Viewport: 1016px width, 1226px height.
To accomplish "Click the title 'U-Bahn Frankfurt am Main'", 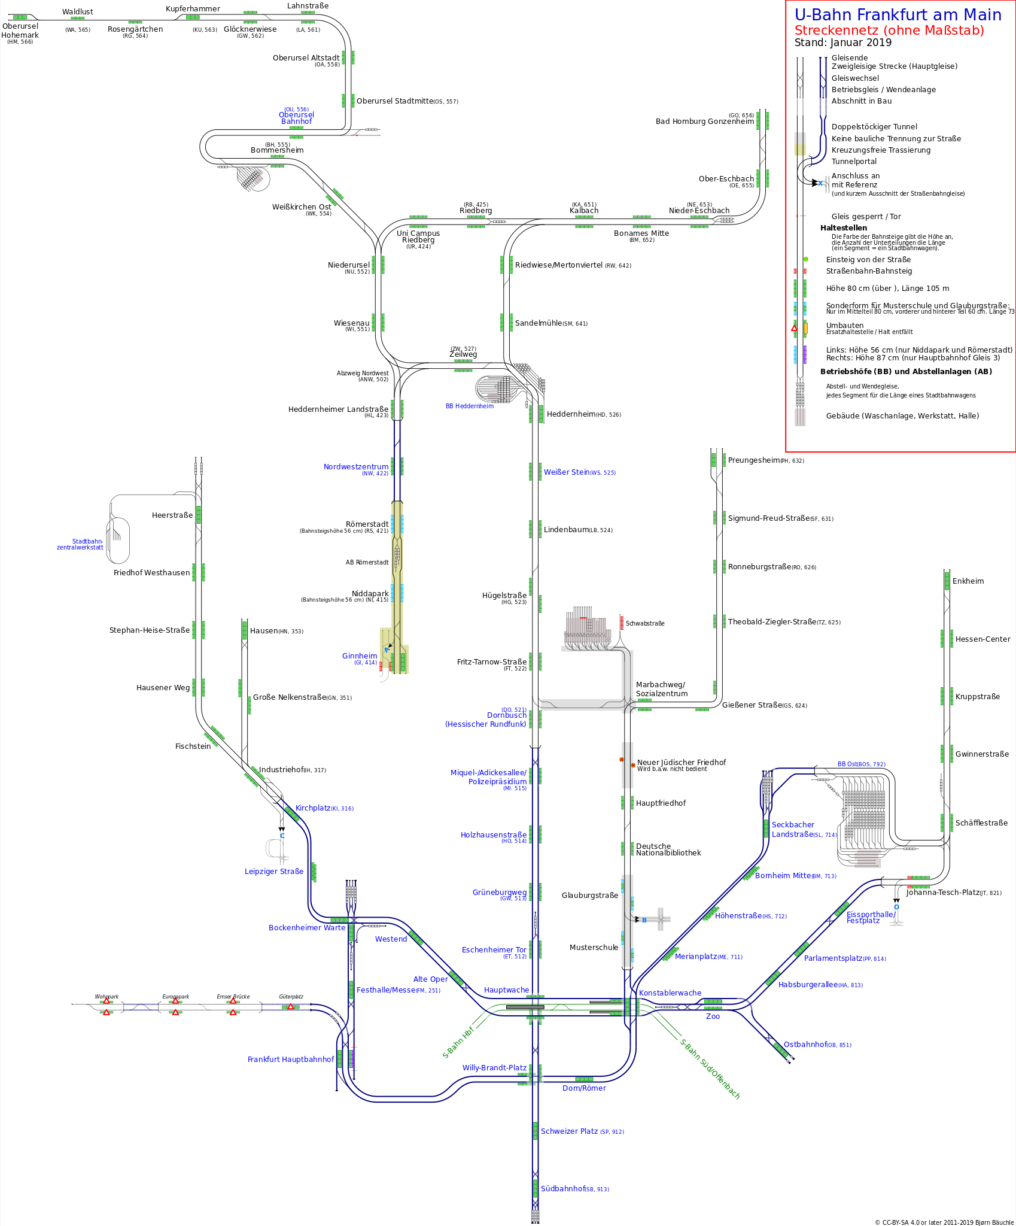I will [898, 15].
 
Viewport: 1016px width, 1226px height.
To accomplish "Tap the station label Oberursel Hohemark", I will [20, 31].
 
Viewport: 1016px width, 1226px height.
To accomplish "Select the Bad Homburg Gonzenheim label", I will [704, 122].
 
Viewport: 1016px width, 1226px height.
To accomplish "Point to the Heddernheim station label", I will [571, 414].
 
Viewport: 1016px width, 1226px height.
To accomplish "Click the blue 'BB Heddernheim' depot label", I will [469, 406].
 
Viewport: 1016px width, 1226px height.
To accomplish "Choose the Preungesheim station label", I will [754, 460].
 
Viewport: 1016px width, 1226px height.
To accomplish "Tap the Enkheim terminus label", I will [968, 581].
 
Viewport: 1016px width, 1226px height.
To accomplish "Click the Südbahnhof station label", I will [562, 1189].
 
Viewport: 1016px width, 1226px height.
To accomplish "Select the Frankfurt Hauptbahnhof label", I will [290, 1060].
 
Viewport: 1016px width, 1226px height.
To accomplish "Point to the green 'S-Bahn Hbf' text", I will [458, 1043].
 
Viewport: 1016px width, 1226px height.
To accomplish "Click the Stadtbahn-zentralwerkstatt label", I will [80, 544].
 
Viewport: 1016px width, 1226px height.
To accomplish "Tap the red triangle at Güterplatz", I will [291, 1006].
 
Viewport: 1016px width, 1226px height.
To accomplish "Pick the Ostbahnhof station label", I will [805, 1045].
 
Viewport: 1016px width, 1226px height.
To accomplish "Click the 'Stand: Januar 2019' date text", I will [842, 43].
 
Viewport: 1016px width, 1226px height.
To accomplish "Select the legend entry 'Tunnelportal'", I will [854, 162].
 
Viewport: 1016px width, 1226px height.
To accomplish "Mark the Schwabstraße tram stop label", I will [644, 624].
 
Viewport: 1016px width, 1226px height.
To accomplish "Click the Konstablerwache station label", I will [670, 993].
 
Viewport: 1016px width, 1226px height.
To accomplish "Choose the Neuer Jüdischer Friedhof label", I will [681, 763].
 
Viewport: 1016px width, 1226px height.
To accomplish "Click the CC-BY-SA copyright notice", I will [944, 1222].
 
